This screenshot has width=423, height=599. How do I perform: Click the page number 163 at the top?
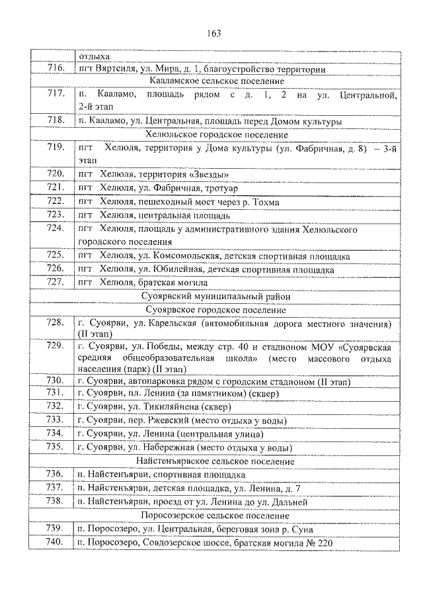(213, 34)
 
